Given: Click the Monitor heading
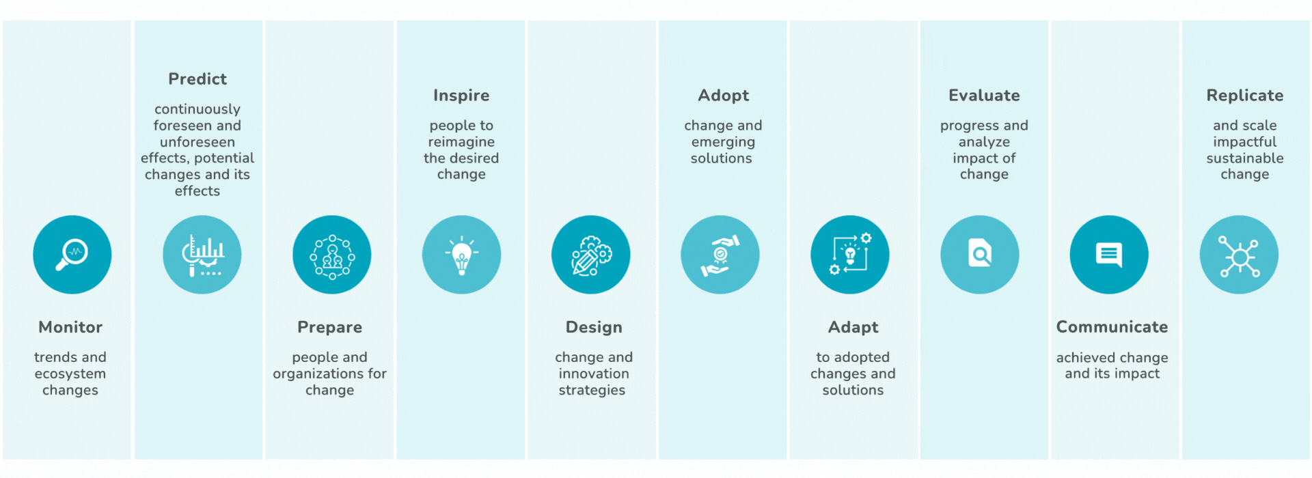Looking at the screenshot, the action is tap(70, 327).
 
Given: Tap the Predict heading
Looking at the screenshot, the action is tap(197, 79).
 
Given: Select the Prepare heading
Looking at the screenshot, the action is tap(329, 328).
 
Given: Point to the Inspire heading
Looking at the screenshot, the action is tap(461, 96).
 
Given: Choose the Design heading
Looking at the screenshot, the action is tap(594, 328).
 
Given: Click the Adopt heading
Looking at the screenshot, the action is tap(724, 96).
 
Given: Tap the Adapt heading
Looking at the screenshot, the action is tap(853, 328).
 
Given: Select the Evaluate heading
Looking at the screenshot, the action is tap(984, 96).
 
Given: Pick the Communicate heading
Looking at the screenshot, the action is tap(1112, 327).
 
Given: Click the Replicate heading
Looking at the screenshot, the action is tap(1245, 96).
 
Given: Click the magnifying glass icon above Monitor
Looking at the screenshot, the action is tap(72, 255).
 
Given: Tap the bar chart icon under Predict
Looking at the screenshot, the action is tap(202, 255).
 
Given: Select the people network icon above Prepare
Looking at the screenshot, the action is tap(332, 255).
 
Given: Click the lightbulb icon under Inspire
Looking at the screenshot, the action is tap(461, 255).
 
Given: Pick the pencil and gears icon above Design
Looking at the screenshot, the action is tap(591, 255).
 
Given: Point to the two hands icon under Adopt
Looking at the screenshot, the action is tap(720, 255).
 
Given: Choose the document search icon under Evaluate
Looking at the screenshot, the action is tap(980, 255).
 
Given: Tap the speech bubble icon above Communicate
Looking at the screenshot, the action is tap(1109, 255).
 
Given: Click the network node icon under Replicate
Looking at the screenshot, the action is tap(1239, 255).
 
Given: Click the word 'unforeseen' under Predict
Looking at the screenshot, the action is tap(197, 142).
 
